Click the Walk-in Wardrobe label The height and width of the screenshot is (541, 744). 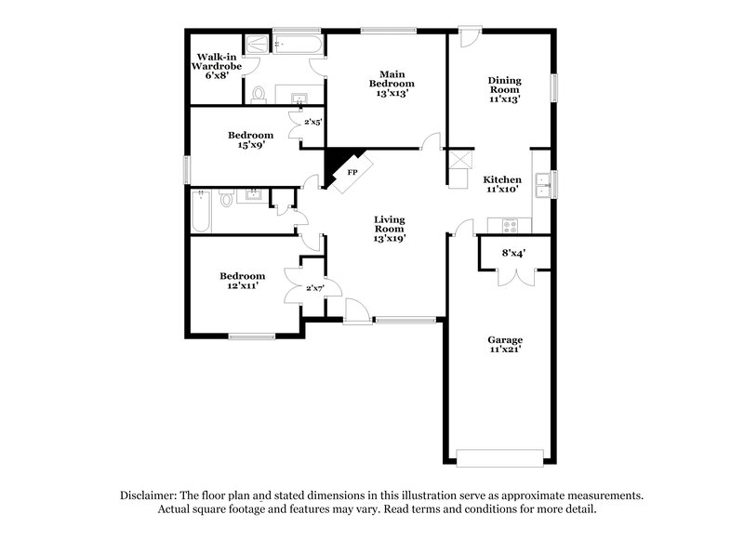215,66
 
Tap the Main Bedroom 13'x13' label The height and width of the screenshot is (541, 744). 390,83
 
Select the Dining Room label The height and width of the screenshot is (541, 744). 504,89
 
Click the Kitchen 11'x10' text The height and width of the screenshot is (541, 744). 501,183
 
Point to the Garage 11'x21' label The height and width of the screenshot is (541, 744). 505,345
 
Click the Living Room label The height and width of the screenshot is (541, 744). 390,228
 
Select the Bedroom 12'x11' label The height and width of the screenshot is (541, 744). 242,281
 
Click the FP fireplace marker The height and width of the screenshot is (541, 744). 353,174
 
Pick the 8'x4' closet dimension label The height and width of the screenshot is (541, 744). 513,251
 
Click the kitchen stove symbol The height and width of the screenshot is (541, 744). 511,225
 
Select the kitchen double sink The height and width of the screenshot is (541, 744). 551,184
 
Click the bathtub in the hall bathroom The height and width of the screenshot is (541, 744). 201,213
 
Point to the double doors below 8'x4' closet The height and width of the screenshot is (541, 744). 514,277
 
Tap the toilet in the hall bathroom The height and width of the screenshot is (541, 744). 227,198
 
